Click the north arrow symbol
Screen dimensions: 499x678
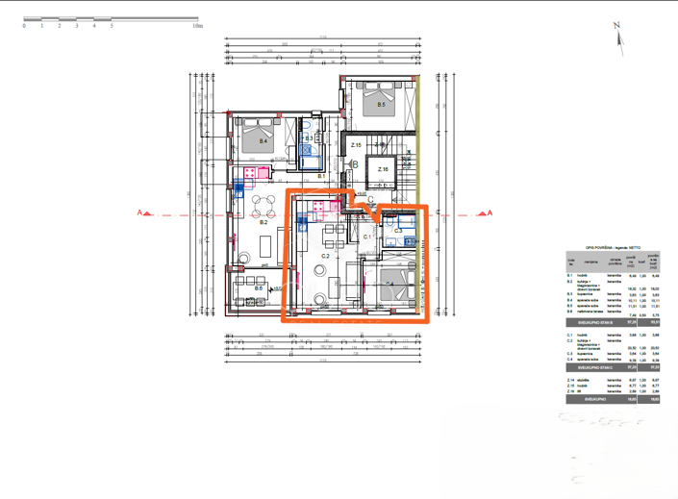coord(619,37)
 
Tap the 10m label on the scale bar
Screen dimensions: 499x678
coord(197,27)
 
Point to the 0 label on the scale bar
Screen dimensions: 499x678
coord(24,27)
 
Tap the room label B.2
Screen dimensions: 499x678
coord(262,221)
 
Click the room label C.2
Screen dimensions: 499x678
coord(325,256)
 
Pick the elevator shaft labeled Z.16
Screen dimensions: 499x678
coord(383,170)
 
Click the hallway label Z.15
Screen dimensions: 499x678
coord(355,145)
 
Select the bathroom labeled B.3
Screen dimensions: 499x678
coord(310,137)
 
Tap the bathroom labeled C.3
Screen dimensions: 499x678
coord(398,231)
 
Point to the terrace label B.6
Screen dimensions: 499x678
coord(259,287)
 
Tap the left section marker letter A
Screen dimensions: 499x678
coord(140,212)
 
